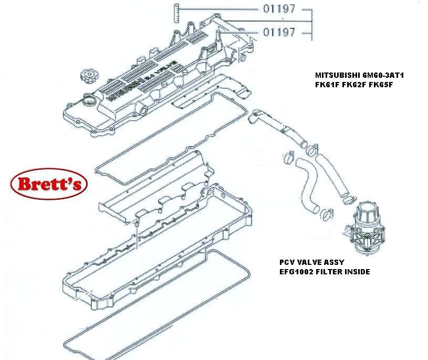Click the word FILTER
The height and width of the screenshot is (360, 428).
(331, 272)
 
